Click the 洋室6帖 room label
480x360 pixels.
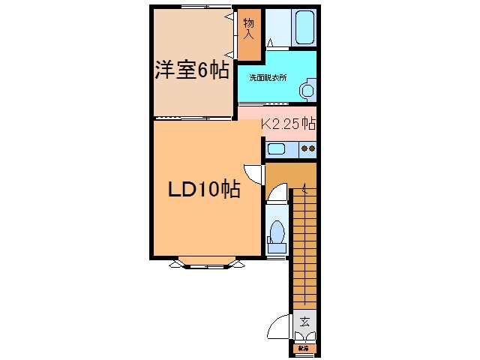[192, 71]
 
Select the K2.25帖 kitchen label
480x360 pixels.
[288, 124]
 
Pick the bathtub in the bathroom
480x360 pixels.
[304, 28]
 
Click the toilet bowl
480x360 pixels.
[276, 234]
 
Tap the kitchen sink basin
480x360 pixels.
[276, 148]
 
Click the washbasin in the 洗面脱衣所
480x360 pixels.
[307, 91]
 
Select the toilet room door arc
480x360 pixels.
[276, 197]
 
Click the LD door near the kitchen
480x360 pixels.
[255, 172]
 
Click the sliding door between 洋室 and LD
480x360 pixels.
[192, 118]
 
